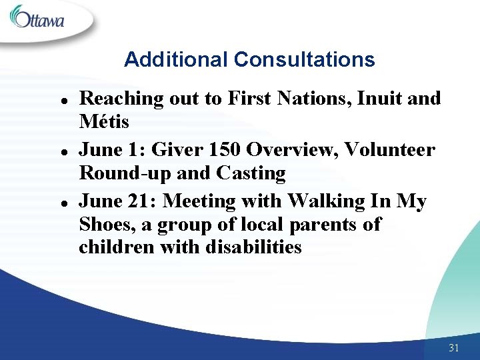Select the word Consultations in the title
click(304, 60)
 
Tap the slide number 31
click(455, 348)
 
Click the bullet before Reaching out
click(59, 100)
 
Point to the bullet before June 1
click(59, 151)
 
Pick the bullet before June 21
click(59, 202)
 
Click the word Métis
click(104, 123)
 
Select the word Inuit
click(375, 99)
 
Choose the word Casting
click(251, 173)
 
